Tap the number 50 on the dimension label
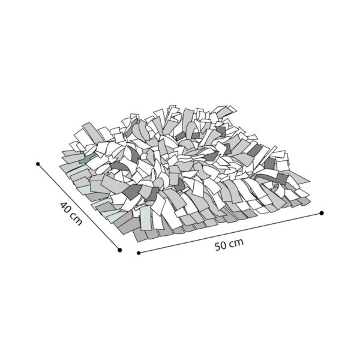pos(221,245)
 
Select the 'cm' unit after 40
pos(76,219)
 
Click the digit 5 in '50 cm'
pos(218,247)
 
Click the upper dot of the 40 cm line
pos(38,164)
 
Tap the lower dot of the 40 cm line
pos(119,250)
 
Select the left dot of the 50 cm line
pos(139,253)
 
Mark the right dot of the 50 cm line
pos(322,213)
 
